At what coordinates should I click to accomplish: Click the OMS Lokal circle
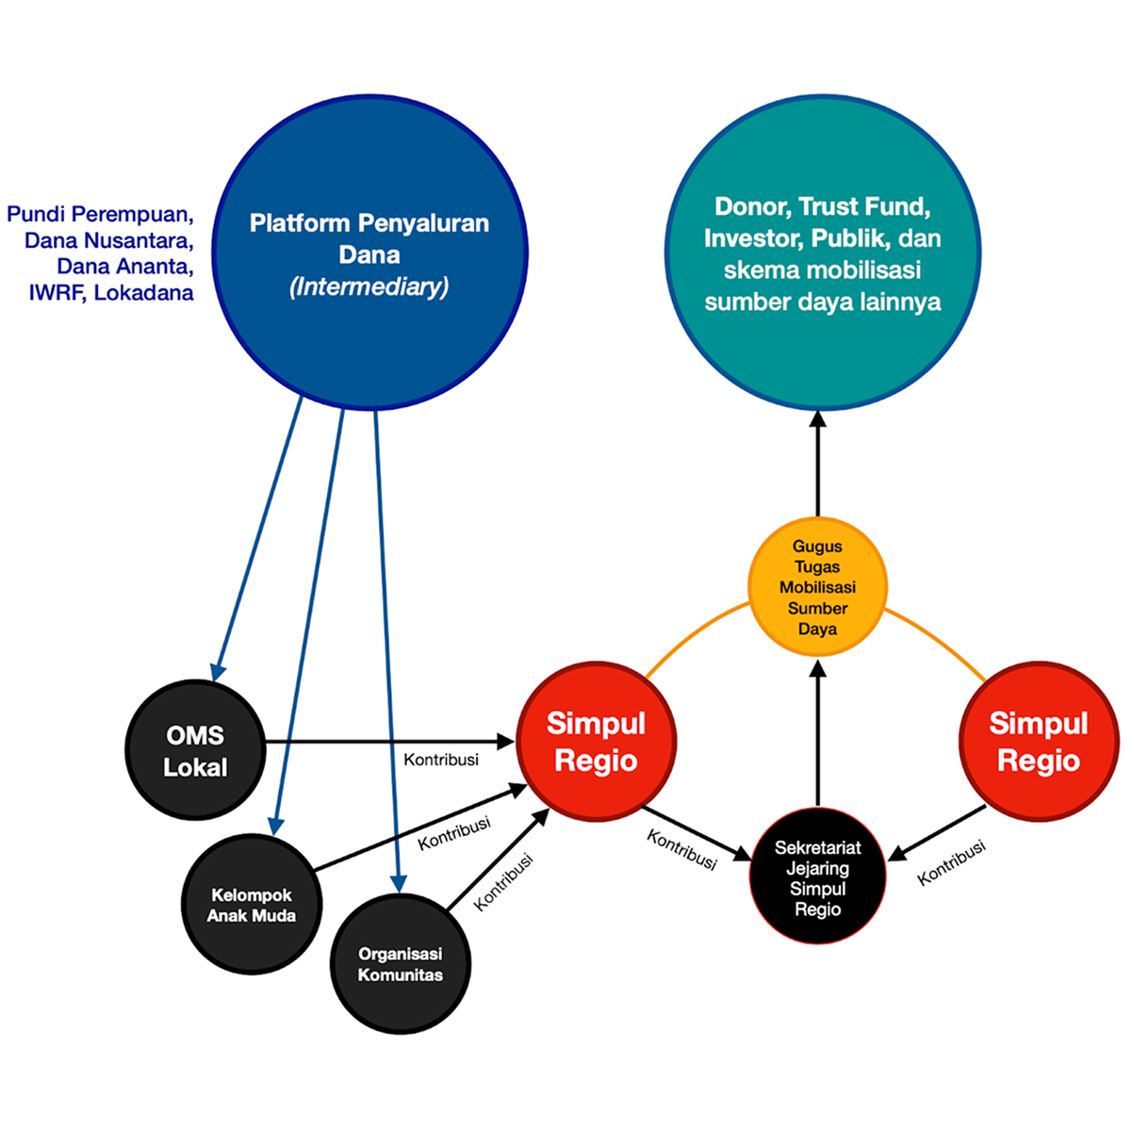[x=195, y=750]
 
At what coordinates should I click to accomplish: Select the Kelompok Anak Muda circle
[x=252, y=905]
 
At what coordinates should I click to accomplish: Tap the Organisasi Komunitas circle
[x=401, y=963]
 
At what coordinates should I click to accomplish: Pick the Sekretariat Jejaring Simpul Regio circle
[x=817, y=877]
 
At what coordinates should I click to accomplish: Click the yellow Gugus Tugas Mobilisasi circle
[x=817, y=586]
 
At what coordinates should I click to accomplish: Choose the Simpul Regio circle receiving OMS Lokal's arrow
[x=596, y=742]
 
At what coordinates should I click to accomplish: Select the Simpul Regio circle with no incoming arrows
[x=1039, y=742]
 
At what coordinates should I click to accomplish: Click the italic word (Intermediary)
[x=369, y=287]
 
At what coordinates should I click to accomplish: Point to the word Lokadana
[x=144, y=292]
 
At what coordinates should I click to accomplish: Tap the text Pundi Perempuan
[x=100, y=214]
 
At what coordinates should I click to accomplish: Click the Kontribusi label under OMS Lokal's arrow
[x=440, y=760]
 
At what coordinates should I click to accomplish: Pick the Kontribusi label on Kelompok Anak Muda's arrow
[x=454, y=833]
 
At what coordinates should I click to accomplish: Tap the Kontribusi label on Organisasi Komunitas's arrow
[x=502, y=883]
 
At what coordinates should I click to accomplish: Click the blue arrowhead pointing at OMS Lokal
[x=219, y=670]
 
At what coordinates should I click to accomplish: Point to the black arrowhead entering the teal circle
[x=817, y=418]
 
